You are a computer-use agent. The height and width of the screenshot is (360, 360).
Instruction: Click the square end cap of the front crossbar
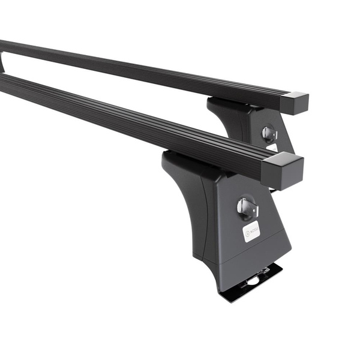point(283,170)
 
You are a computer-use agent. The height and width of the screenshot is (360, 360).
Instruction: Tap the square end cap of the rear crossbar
point(294,103)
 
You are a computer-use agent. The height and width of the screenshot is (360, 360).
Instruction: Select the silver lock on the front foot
point(247,208)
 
